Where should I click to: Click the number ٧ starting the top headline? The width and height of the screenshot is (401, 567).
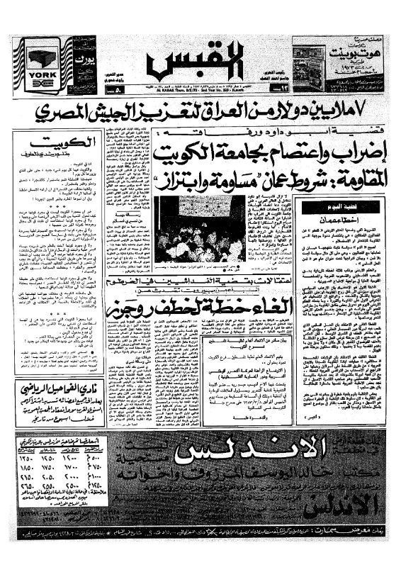coord(368,111)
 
